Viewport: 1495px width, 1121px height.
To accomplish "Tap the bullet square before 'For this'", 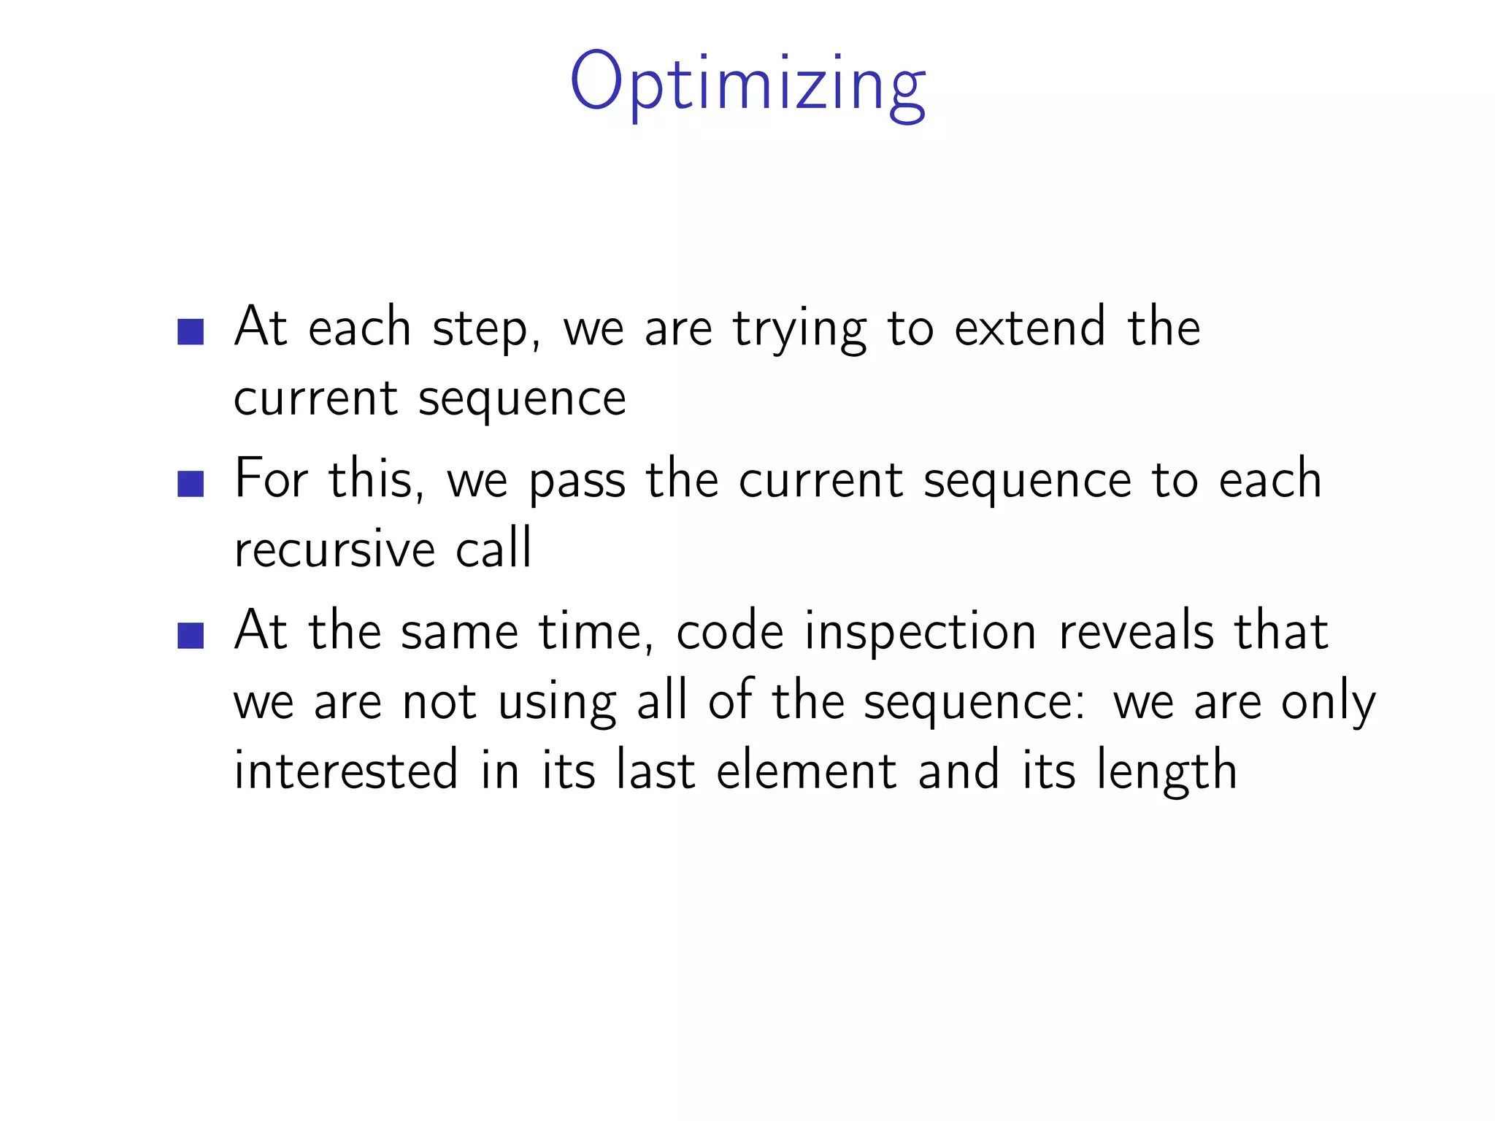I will [191, 484].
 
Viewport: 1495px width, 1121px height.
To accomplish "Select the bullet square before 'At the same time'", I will [191, 635].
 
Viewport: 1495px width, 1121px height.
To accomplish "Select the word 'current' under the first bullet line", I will [315, 399].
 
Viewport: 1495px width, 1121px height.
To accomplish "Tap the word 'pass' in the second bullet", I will [577, 482].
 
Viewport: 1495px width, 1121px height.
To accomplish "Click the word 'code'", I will [730, 631].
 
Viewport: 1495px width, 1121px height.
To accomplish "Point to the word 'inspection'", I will [921, 633].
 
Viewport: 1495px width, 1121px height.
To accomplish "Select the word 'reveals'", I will [1137, 631].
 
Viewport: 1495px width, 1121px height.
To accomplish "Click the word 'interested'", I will [346, 771].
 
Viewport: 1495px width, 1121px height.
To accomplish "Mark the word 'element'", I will [807, 771].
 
